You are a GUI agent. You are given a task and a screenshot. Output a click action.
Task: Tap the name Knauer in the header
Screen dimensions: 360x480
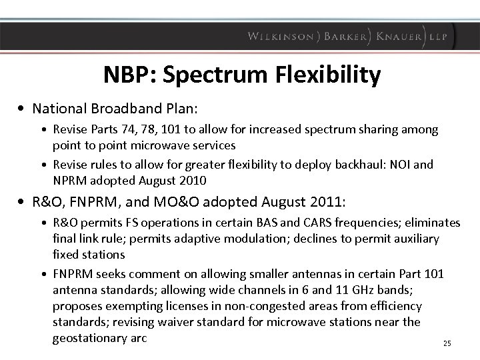399,36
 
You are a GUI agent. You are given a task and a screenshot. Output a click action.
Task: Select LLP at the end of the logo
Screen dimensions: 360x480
440,36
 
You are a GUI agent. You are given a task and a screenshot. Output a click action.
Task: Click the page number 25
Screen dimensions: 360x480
447,343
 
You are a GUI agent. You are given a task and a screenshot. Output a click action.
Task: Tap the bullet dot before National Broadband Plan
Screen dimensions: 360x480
24,107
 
